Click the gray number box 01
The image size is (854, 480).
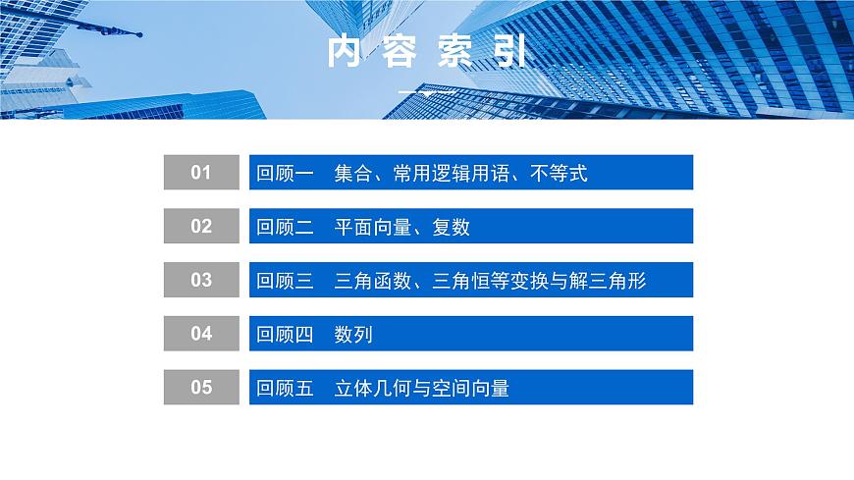pyautogui.click(x=201, y=173)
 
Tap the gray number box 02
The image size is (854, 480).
pyautogui.click(x=201, y=227)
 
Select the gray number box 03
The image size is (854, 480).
pyautogui.click(x=201, y=281)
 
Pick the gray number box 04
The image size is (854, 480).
pyautogui.click(x=201, y=334)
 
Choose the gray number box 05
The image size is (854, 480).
pyautogui.click(x=201, y=388)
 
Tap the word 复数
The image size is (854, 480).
pyautogui.click(x=451, y=228)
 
